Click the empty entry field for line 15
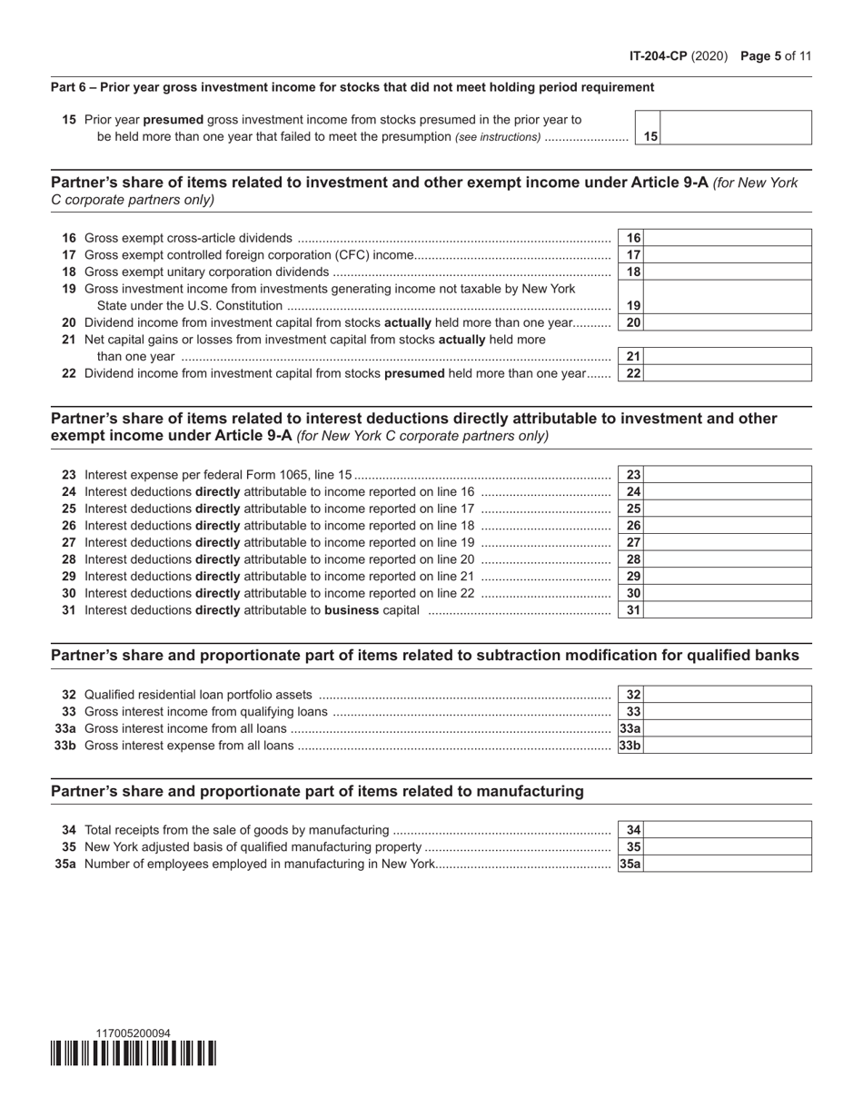click(x=736, y=127)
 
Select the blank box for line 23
click(x=728, y=475)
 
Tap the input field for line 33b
click(x=728, y=746)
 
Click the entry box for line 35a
click(x=728, y=864)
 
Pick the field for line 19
click(x=728, y=297)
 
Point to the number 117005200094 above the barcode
click(x=133, y=1033)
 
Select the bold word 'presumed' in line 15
click(x=174, y=120)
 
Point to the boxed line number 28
click(x=634, y=559)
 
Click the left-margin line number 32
click(x=69, y=695)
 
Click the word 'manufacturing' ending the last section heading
click(x=530, y=791)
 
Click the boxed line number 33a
click(x=630, y=728)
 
